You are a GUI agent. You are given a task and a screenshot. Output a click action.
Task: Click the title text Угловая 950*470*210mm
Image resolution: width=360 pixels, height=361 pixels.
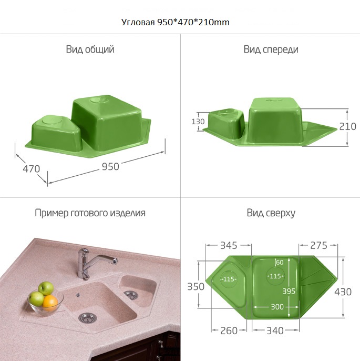click(175, 22)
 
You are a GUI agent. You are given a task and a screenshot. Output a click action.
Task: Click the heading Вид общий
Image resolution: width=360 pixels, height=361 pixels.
click(90, 49)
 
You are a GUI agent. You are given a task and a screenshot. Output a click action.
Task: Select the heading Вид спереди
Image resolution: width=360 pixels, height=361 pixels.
click(271, 49)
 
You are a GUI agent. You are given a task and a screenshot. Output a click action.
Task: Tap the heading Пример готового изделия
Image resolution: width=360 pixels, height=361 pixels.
click(90, 213)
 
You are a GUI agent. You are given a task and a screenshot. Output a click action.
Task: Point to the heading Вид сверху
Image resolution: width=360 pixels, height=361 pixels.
click(271, 213)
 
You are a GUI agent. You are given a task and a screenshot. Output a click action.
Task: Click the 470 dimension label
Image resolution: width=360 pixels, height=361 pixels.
click(32, 169)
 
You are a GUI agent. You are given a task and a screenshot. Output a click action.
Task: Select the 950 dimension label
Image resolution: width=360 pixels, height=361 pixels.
click(110, 166)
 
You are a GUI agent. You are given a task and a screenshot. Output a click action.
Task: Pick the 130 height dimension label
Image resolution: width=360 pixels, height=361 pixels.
click(198, 122)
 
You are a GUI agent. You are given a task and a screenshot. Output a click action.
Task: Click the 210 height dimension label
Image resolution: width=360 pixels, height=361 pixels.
click(347, 126)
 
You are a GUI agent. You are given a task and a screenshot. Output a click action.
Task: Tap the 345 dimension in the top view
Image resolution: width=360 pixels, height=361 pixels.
click(229, 245)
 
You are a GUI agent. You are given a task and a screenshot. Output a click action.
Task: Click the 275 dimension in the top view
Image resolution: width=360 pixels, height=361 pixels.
click(318, 245)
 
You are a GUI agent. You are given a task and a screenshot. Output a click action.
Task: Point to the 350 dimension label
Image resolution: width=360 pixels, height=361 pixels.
click(196, 287)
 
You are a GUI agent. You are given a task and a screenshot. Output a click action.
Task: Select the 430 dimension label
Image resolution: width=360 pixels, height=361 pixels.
click(343, 292)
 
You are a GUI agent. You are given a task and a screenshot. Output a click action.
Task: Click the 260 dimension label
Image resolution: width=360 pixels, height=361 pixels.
click(229, 331)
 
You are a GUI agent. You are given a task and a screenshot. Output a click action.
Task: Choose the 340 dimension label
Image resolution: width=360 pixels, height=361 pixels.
click(275, 331)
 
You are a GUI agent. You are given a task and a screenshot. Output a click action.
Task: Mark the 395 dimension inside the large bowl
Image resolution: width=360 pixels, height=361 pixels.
click(289, 291)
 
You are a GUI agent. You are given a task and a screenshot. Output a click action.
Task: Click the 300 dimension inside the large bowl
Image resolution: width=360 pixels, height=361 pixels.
click(277, 307)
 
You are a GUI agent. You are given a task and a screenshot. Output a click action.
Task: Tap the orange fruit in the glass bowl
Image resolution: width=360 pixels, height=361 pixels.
click(50, 303)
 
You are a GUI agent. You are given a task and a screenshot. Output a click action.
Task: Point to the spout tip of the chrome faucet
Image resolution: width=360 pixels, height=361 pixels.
click(114, 261)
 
